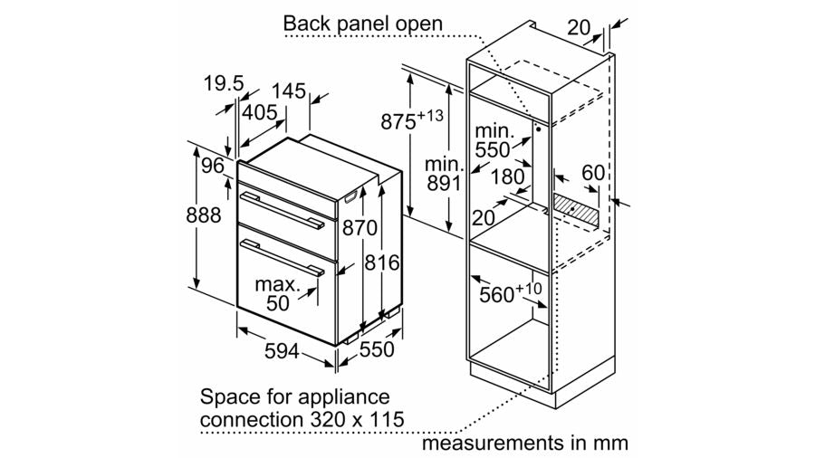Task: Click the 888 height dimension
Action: pos(203,215)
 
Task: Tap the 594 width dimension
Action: pos(282,351)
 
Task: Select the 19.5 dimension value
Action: pos(224,83)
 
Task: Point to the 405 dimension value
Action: pos(259,111)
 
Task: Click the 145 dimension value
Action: pos(289,91)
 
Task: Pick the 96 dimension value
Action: pos(213,166)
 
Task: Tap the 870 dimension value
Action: pos(360,228)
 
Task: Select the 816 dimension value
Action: pos(382,262)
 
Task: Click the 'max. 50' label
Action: pos(278,294)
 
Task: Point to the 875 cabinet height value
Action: pos(412,120)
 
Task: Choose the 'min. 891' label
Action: pos(444,174)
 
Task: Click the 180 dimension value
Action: pos(507,177)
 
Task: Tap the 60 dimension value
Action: pos(593,172)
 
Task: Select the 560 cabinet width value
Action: pos(511,292)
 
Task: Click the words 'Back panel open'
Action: pos(363,24)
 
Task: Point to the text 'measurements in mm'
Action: pos(525,443)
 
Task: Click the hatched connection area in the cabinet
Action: pos(575,210)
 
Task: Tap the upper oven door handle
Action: pos(281,210)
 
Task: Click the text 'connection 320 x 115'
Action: pos(302,419)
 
